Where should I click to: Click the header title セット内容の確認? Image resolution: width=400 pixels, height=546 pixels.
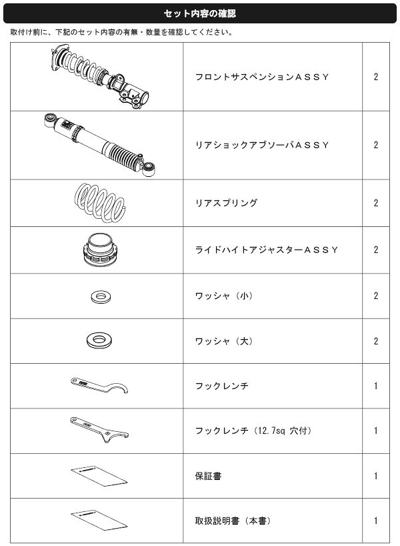tap(199, 13)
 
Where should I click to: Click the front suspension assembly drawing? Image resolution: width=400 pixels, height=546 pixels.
tap(100, 77)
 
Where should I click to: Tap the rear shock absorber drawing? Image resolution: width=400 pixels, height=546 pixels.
tap(100, 144)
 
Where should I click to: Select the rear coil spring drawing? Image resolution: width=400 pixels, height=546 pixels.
tap(100, 203)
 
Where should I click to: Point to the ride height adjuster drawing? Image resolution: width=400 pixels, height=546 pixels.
tap(100, 250)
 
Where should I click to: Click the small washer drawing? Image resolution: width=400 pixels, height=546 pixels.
tap(101, 297)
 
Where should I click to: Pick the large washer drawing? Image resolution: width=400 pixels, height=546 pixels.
tap(99, 340)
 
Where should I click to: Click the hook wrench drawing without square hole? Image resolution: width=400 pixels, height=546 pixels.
tap(99, 385)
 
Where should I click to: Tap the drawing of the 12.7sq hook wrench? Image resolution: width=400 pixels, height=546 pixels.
tap(99, 430)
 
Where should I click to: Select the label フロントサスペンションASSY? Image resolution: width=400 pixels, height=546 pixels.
tap(262, 77)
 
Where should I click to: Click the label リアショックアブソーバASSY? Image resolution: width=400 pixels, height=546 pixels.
tap(262, 145)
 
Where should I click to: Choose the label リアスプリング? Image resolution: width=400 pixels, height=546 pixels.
tap(227, 203)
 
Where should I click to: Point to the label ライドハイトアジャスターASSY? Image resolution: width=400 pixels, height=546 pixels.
tap(267, 250)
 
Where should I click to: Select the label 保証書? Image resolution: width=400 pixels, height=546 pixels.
tap(209, 476)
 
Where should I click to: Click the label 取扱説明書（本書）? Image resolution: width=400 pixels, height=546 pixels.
tap(233, 521)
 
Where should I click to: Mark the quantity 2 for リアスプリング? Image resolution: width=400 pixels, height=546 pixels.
tap(375, 203)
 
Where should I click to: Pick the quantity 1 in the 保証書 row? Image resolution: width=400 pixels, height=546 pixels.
tap(375, 476)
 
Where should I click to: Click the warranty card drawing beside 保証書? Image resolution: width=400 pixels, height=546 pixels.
tap(99, 476)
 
